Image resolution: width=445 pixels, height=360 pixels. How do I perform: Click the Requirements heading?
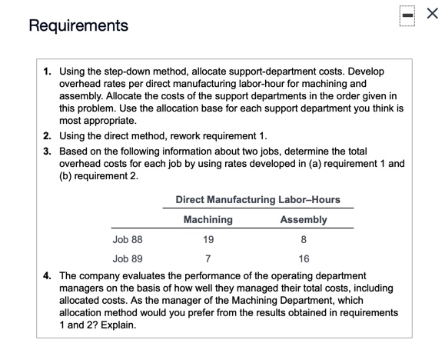[x=78, y=26]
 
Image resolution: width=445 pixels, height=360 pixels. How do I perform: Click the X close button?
[x=430, y=16]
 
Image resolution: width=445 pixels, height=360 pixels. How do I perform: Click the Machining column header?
[x=208, y=220]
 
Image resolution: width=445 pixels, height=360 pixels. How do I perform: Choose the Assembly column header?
[x=304, y=220]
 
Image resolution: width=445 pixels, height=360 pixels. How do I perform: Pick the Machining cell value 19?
[x=208, y=240]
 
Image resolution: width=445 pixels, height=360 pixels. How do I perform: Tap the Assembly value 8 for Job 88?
[x=304, y=240]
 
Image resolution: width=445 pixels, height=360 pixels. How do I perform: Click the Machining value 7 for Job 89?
[x=208, y=259]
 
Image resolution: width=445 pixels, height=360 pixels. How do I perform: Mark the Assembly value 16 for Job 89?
[x=304, y=259]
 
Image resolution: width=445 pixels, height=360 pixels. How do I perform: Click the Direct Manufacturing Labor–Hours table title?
[x=257, y=200]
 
